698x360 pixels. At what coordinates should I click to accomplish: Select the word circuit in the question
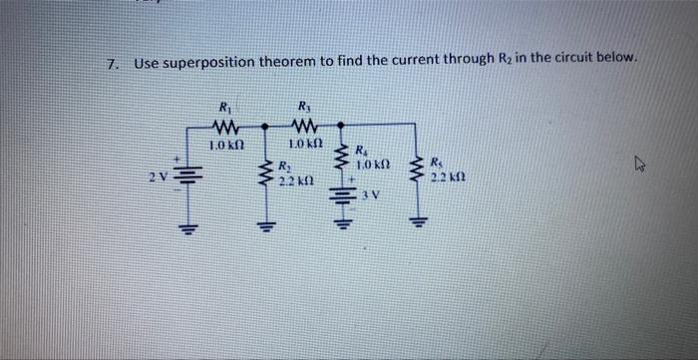[x=571, y=58]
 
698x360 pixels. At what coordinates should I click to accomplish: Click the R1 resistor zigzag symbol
[x=224, y=127]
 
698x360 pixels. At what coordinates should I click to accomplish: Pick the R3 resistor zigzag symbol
[x=304, y=126]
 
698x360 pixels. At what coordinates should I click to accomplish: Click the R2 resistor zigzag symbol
[x=266, y=173]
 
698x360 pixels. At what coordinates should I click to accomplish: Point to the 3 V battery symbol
[x=342, y=191]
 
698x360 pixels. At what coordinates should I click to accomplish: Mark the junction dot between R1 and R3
[x=264, y=127]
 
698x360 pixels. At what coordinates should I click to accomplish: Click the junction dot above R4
[x=342, y=126]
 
